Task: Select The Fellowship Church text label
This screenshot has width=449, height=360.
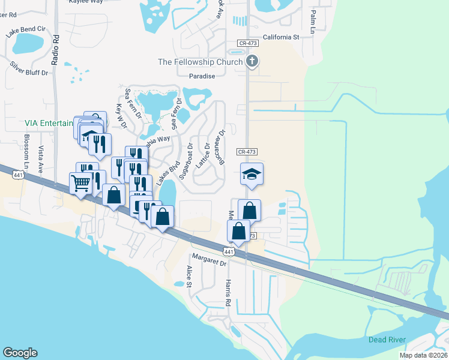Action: (200, 62)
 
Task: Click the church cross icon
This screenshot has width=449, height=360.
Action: (252, 61)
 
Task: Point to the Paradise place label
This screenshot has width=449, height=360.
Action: (202, 76)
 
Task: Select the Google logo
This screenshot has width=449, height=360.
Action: (20, 353)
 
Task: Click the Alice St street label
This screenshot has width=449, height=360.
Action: (188, 277)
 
